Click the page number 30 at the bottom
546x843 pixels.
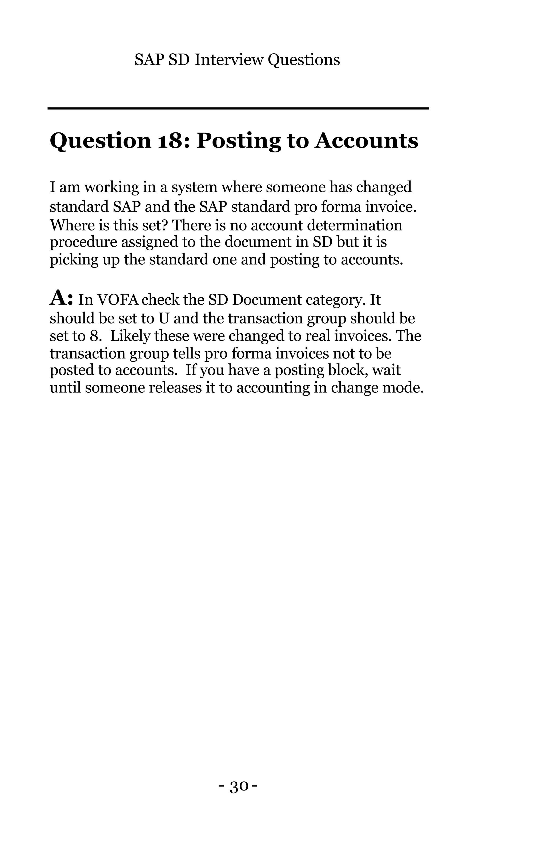[238, 787]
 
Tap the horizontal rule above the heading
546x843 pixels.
[238, 108]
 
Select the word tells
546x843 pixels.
[188, 353]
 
